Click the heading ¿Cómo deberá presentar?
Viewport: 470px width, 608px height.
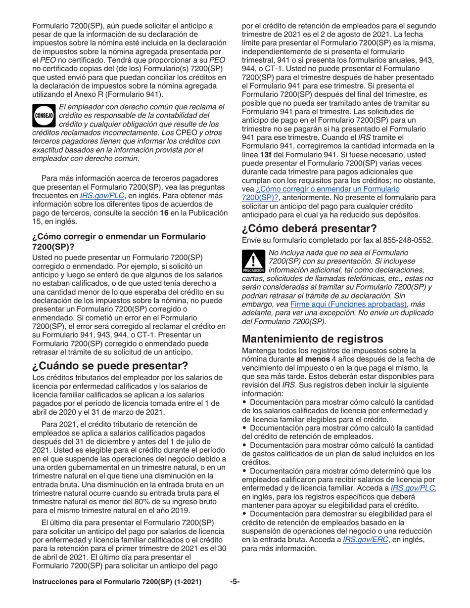[310, 228]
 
